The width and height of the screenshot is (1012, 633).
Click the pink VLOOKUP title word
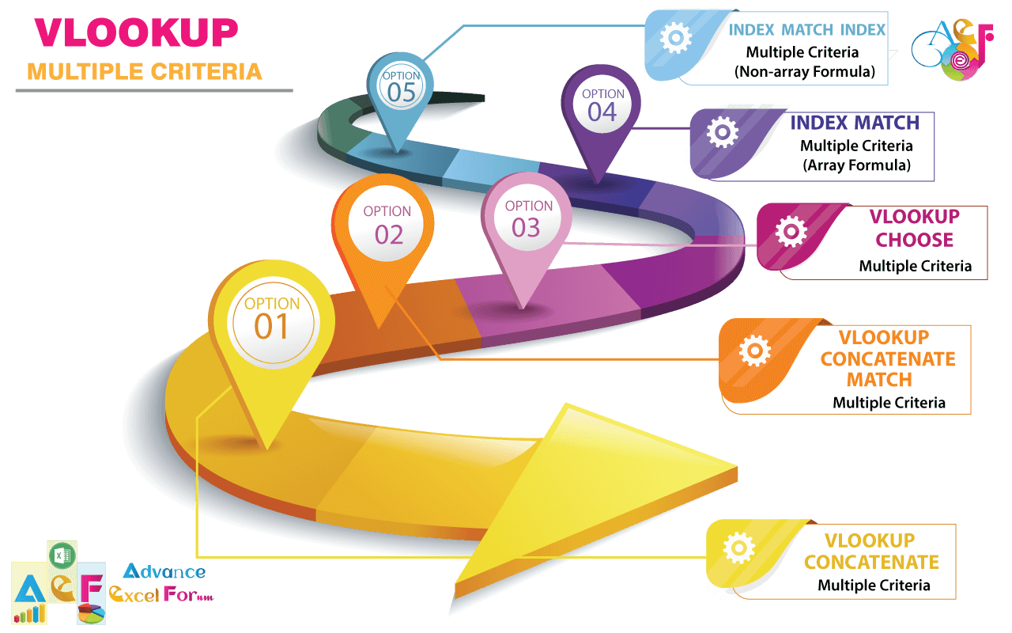click(137, 32)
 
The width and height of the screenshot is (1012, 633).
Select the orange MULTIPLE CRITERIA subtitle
click(145, 72)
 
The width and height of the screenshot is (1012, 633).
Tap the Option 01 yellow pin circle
click(273, 322)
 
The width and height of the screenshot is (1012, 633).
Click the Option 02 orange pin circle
click(386, 224)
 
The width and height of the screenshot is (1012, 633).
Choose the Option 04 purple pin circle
click(602, 106)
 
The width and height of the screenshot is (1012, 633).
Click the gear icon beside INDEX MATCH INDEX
click(675, 37)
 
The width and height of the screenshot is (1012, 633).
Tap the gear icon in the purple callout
click(723, 132)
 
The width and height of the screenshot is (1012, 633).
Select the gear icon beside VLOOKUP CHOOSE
click(791, 232)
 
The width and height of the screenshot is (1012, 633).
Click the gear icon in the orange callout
click(755, 351)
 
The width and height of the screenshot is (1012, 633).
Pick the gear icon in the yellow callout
click(739, 548)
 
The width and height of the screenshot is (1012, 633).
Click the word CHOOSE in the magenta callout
click(915, 240)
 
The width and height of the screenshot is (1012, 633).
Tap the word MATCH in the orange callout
click(879, 379)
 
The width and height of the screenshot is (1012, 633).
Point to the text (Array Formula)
click(856, 165)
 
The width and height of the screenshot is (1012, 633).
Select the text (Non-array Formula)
click(805, 71)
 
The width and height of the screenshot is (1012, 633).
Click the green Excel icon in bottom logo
click(62, 555)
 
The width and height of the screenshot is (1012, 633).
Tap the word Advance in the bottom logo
click(164, 571)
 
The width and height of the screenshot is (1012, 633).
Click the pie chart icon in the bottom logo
click(92, 613)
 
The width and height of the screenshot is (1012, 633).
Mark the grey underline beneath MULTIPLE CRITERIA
click(154, 90)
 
